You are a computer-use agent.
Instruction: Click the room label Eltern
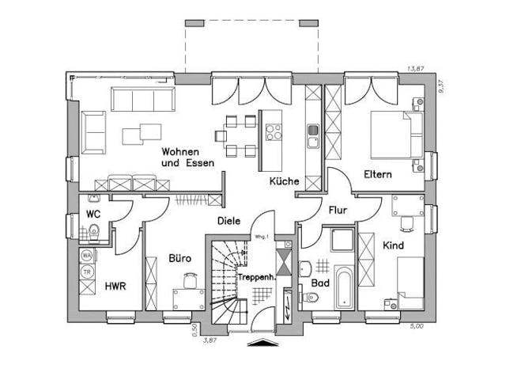[x=378, y=174]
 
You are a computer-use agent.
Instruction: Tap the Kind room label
[x=393, y=245]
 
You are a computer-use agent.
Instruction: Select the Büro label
[x=180, y=258]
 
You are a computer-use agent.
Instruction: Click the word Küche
[x=284, y=181]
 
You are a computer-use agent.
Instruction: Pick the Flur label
[x=338, y=211]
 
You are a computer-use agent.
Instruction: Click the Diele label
[x=229, y=222]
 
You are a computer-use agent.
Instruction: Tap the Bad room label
[x=320, y=283]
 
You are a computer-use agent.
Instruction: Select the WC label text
[x=92, y=215]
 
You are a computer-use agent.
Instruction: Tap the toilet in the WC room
[x=93, y=232]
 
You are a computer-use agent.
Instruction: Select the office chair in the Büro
[x=190, y=279]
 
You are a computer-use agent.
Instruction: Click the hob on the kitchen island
[x=274, y=131]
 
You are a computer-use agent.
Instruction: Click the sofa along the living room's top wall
[x=143, y=101]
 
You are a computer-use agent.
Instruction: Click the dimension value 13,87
[x=415, y=70]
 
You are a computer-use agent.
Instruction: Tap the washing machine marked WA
[x=87, y=256]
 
